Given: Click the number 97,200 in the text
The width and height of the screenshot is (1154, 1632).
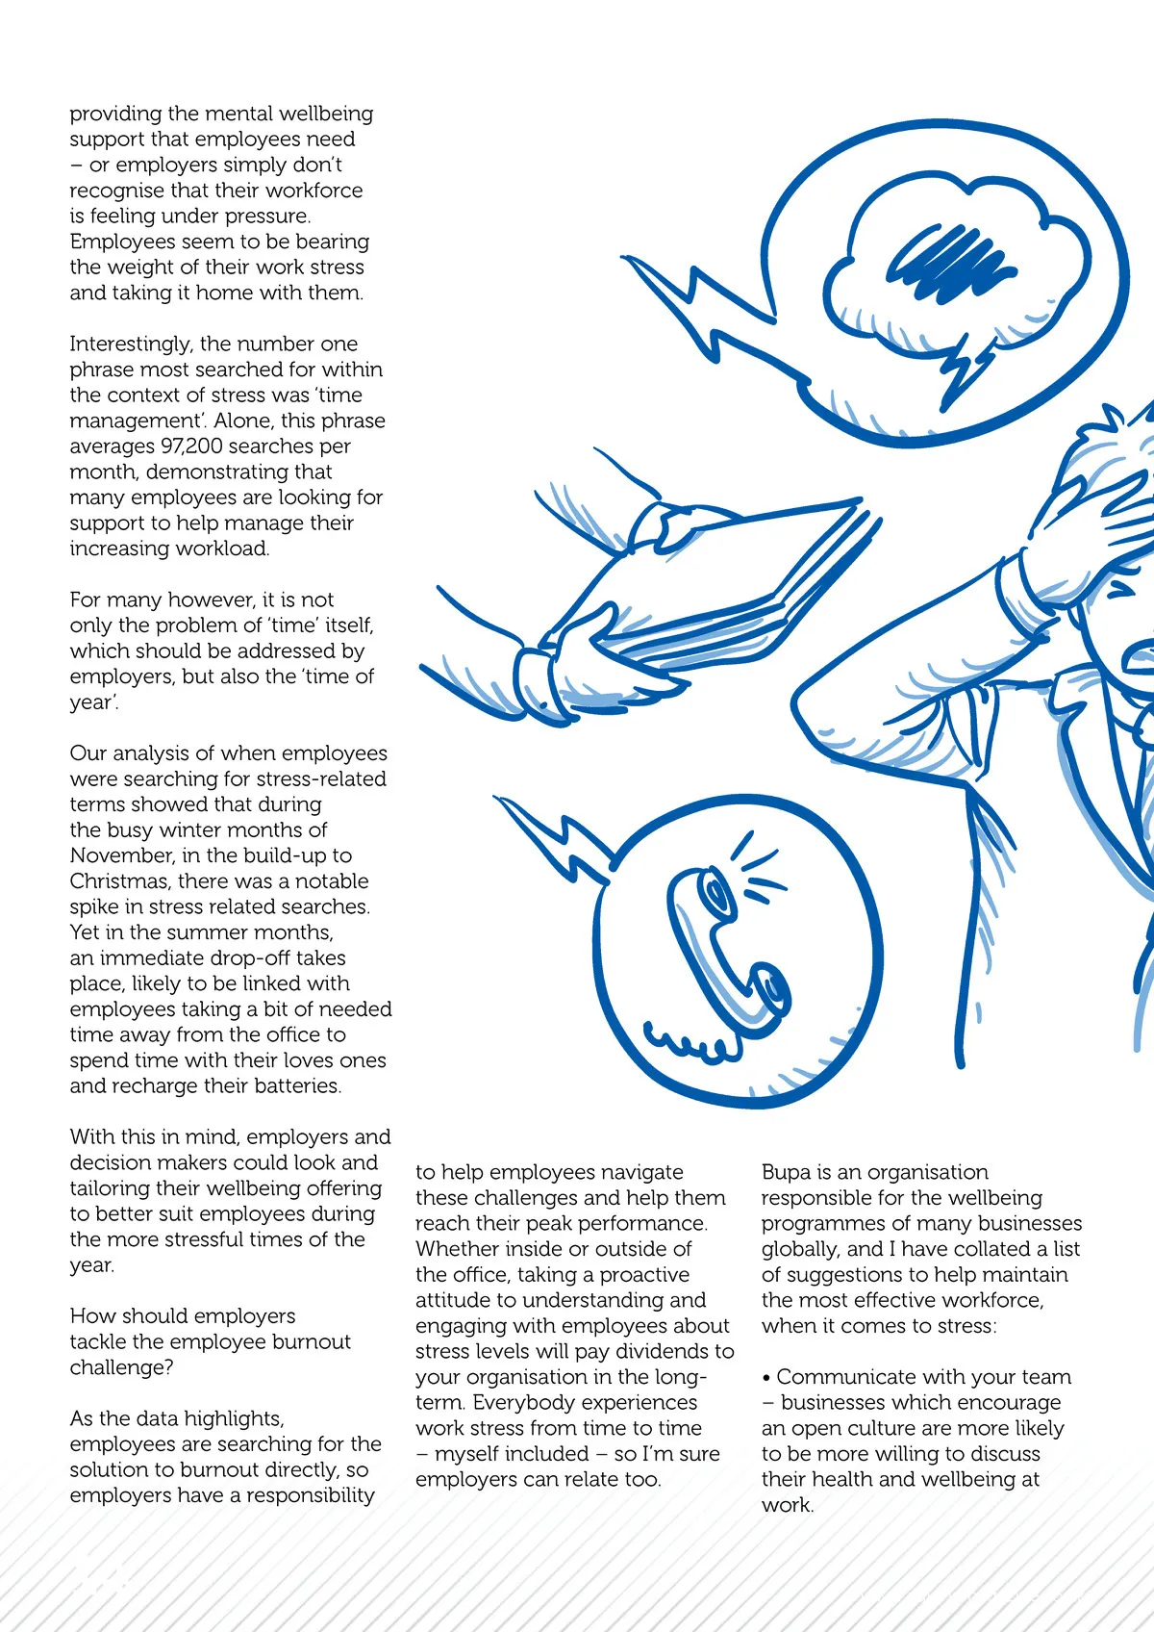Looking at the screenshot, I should (x=198, y=446).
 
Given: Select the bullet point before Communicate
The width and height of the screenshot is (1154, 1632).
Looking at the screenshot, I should (x=766, y=1378).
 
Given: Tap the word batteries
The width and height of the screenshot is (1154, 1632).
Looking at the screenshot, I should (x=297, y=1086).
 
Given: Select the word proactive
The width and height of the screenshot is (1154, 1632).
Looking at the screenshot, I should (x=644, y=1275).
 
